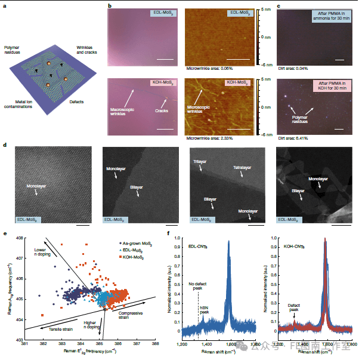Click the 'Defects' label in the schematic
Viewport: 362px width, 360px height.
click(x=76, y=101)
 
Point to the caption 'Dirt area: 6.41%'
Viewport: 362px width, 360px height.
click(x=292, y=138)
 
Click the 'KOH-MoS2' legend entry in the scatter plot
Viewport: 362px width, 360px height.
click(x=135, y=256)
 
